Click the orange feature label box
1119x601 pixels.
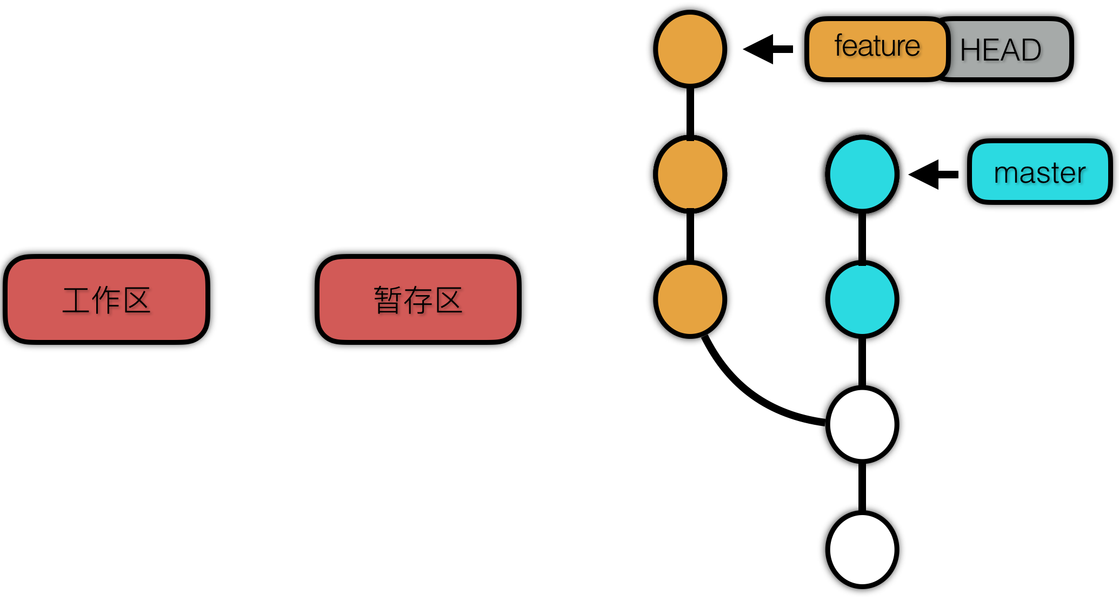pyautogui.click(x=876, y=49)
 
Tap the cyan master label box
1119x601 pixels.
pyautogui.click(x=1039, y=172)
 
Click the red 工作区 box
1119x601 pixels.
pyautogui.click(x=106, y=299)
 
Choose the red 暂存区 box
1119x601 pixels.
pyautogui.click(x=418, y=299)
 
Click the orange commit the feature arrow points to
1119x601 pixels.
pyautogui.click(x=690, y=49)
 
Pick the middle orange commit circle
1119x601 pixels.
pyautogui.click(x=690, y=174)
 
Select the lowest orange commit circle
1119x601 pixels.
pyautogui.click(x=690, y=299)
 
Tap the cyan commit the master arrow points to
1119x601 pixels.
pyautogui.click(x=862, y=174)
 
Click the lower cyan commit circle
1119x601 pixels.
pyautogui.click(x=862, y=299)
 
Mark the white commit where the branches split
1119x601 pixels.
pyautogui.click(x=862, y=424)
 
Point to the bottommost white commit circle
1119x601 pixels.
pyautogui.click(x=862, y=549)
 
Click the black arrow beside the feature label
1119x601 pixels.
pyautogui.click(x=768, y=49)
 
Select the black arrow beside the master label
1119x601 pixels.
pyautogui.click(x=933, y=175)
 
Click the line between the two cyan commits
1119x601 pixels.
pyautogui.click(x=862, y=237)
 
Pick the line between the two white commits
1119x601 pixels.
pyautogui.click(x=862, y=486)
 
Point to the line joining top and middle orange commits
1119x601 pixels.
pyautogui.click(x=690, y=111)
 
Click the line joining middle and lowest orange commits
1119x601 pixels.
pyautogui.click(x=690, y=237)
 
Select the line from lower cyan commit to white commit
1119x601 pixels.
pyautogui.click(x=862, y=362)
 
